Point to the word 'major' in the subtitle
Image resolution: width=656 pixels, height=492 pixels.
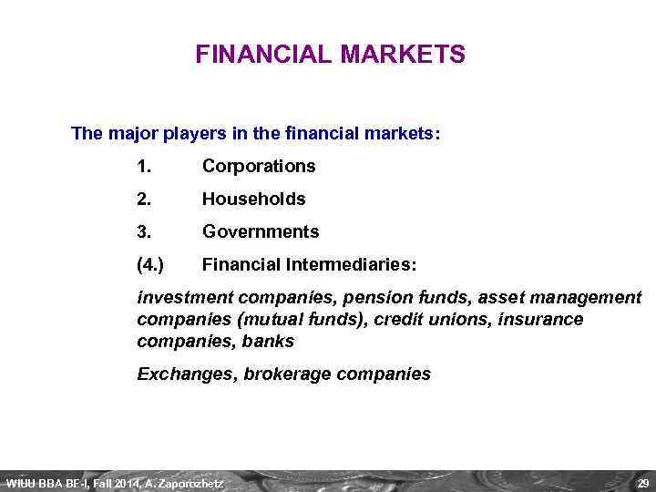(134, 134)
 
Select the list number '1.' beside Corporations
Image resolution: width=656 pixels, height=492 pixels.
(144, 166)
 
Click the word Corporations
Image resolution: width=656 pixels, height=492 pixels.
(259, 166)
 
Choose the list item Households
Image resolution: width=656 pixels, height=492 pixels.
(253, 199)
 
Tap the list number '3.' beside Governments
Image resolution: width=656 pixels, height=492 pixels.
(144, 231)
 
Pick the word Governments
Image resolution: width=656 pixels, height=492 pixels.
(261, 231)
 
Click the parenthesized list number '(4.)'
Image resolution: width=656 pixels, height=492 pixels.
(150, 264)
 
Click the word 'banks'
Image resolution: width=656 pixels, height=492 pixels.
(270, 342)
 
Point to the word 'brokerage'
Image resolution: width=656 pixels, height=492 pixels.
(286, 374)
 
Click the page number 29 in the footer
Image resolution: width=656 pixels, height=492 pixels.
(643, 482)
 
